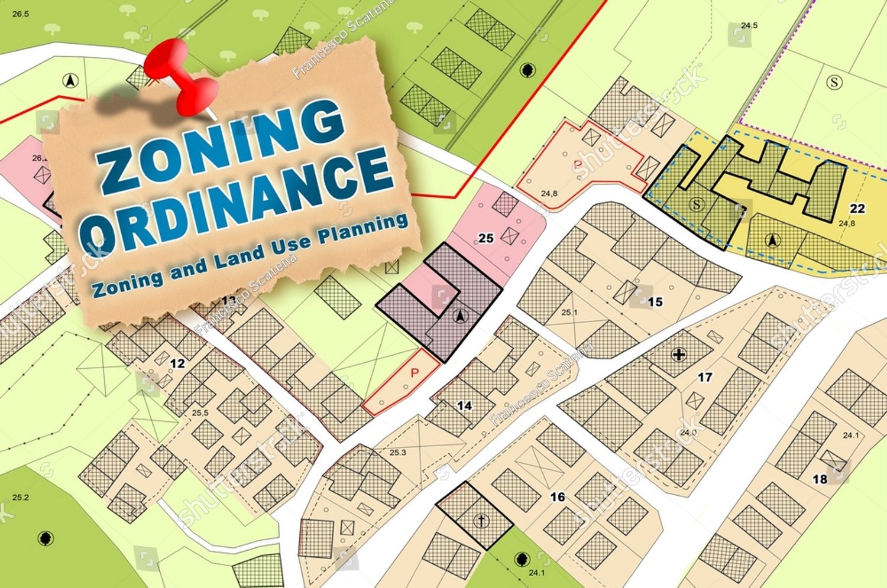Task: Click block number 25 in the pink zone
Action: click(486, 238)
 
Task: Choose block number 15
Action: click(655, 302)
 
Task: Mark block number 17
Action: click(705, 376)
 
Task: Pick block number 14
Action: click(465, 406)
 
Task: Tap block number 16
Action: click(558, 497)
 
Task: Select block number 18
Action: click(820, 479)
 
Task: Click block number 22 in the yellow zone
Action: click(857, 209)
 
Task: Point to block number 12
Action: click(178, 363)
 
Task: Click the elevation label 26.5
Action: click(20, 14)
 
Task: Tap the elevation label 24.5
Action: click(749, 25)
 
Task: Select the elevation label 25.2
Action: click(20, 498)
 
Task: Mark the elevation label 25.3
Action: click(398, 453)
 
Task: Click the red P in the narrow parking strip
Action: click(415, 373)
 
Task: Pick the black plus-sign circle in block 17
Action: click(679, 355)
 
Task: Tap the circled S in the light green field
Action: click(834, 82)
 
